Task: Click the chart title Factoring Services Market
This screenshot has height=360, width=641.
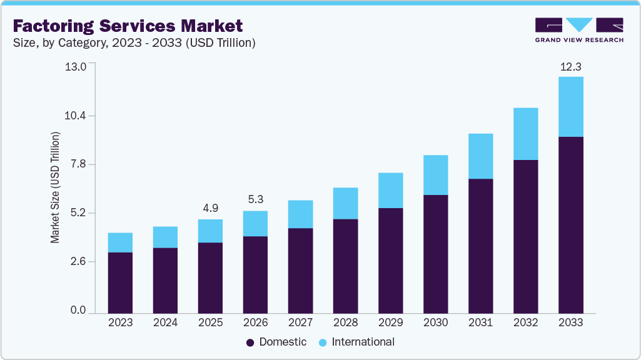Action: click(x=128, y=26)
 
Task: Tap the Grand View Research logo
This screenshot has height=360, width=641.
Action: click(x=579, y=30)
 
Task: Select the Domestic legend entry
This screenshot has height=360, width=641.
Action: click(x=276, y=342)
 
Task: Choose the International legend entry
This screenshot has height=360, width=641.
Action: click(x=356, y=342)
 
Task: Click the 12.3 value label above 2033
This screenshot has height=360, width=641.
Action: click(x=570, y=67)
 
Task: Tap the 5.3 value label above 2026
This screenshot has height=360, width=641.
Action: click(x=255, y=200)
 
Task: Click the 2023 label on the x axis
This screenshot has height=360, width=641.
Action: click(x=120, y=322)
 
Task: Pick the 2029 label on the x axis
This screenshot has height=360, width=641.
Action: click(x=390, y=322)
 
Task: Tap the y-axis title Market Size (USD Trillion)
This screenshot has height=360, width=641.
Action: click(x=56, y=187)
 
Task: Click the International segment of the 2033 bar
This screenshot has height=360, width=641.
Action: click(x=570, y=106)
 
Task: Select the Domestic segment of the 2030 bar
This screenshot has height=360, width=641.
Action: click(x=435, y=254)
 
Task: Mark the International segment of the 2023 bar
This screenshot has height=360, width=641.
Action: click(x=120, y=242)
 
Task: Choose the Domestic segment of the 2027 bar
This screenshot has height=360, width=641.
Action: click(x=300, y=270)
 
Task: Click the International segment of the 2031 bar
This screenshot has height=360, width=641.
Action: click(x=480, y=156)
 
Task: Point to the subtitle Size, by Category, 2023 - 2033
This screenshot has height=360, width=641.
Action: click(x=134, y=43)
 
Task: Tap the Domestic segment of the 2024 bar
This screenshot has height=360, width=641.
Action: click(x=165, y=280)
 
